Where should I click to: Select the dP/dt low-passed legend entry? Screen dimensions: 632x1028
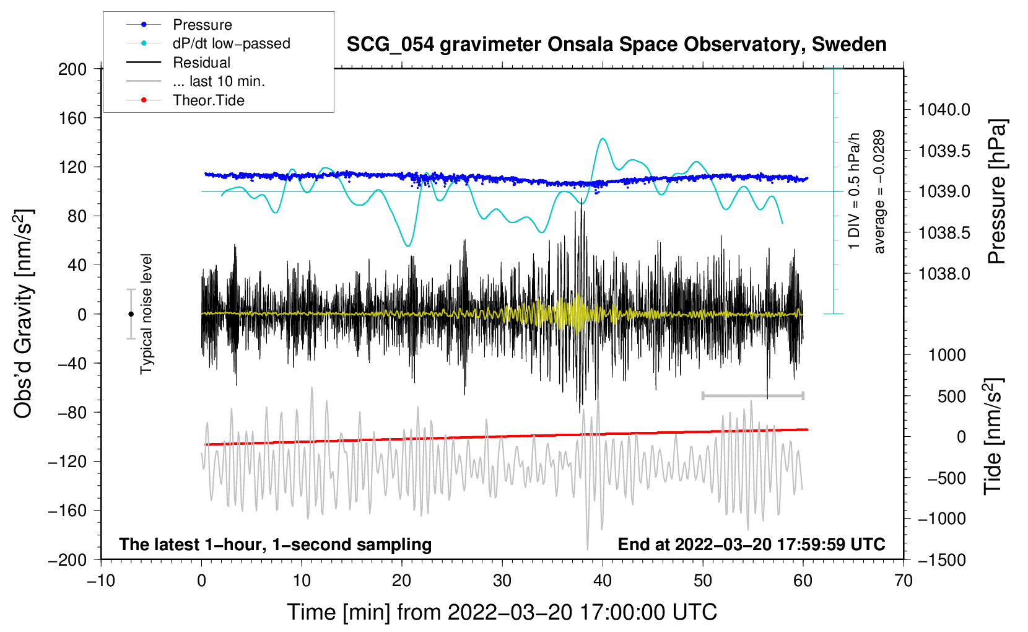point(231,43)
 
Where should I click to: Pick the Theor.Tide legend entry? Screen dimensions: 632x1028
point(208,100)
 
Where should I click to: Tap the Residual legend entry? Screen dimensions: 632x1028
point(201,63)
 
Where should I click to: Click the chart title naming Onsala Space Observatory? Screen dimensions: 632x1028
point(616,45)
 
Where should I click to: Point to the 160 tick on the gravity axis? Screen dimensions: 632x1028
point(72,118)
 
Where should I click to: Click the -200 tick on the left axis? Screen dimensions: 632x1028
point(68,560)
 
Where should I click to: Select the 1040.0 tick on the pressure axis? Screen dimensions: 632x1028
point(944,110)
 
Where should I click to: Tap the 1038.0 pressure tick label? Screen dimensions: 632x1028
point(944,274)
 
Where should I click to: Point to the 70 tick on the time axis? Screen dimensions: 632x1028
point(904,581)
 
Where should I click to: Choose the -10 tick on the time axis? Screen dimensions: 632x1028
point(101,581)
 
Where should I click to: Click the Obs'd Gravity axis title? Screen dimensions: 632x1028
point(24,314)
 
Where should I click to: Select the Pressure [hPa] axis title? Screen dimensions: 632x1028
point(996,191)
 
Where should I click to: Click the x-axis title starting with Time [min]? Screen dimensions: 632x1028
point(502,612)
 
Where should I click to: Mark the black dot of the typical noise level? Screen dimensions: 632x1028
point(131,314)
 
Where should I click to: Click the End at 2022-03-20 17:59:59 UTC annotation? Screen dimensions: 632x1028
point(751,545)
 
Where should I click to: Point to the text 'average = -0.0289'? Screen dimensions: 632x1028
point(879,191)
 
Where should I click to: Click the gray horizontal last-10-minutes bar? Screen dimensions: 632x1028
point(752,395)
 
